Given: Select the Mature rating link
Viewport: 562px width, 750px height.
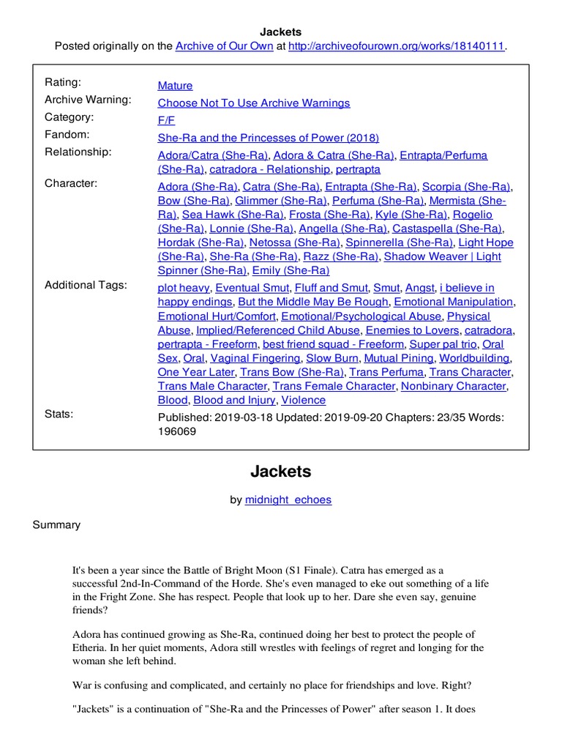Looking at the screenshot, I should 175,86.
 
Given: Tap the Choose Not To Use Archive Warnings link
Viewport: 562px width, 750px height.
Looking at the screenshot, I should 254,103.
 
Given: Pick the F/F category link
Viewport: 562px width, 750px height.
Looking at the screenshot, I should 166,121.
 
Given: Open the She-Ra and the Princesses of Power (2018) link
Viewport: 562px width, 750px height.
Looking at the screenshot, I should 269,138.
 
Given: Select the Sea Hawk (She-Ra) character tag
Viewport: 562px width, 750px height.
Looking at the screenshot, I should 233,215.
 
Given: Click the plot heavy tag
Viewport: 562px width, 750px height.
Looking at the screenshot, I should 184,288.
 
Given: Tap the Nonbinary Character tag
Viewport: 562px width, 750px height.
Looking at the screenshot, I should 454,386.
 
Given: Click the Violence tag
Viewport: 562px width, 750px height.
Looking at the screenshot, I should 304,400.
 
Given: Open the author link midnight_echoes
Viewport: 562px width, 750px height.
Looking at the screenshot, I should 288,500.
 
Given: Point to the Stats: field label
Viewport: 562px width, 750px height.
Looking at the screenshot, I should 59,414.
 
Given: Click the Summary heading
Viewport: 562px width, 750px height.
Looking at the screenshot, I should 56,524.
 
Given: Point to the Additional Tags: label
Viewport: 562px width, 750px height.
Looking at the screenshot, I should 86,285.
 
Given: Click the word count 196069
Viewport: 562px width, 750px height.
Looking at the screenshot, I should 177,431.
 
